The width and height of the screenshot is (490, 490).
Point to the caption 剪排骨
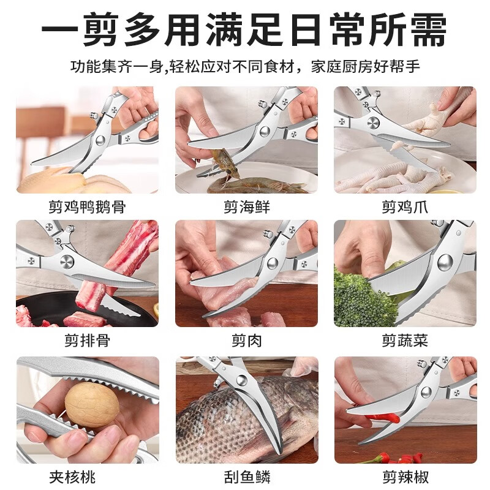(87, 341)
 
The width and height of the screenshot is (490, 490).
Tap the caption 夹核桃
(87, 476)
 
